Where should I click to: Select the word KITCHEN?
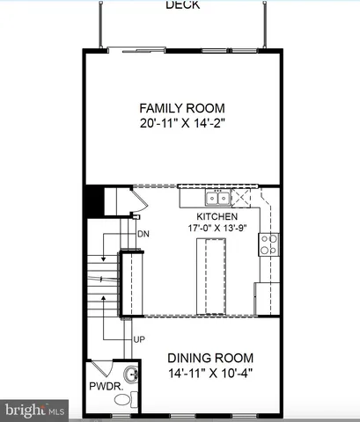[x=217, y=216]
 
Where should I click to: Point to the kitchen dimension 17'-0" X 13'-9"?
[x=217, y=229]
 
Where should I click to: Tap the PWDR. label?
[x=105, y=386]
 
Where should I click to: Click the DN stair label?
[x=143, y=234]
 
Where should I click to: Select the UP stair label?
[x=139, y=338]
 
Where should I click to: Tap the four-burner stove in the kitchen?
[x=268, y=244]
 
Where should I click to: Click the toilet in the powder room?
[x=123, y=401]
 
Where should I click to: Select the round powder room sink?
[x=131, y=375]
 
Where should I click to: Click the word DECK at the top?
[x=182, y=5]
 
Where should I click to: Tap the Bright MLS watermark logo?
[x=35, y=410]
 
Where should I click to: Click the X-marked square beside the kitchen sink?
[x=245, y=196]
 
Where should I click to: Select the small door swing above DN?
[x=136, y=212]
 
